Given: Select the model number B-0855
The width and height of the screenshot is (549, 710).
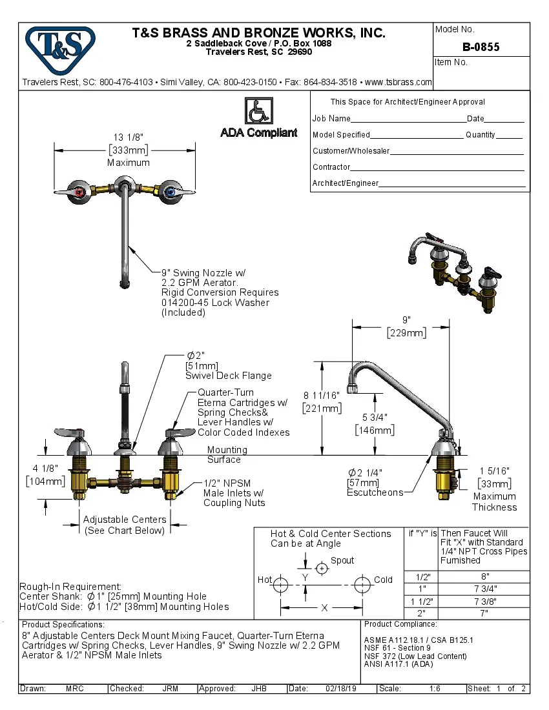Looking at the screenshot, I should coord(481,47).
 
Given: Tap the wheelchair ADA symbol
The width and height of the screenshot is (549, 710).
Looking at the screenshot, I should coord(258,111).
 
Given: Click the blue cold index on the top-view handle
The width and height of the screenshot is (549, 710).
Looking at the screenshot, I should coord(169,192).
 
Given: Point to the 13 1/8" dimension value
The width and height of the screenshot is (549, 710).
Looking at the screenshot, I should coord(128,137).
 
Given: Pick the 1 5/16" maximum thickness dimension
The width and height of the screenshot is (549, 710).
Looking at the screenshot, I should coord(494,471).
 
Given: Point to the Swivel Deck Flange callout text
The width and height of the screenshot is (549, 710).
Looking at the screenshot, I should coord(228,376).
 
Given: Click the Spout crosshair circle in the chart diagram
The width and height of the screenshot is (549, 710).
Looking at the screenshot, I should coord(321,568).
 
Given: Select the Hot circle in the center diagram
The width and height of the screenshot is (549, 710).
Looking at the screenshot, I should coord(280,585).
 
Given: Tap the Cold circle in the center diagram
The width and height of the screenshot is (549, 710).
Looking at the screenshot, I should coord(363,585).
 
